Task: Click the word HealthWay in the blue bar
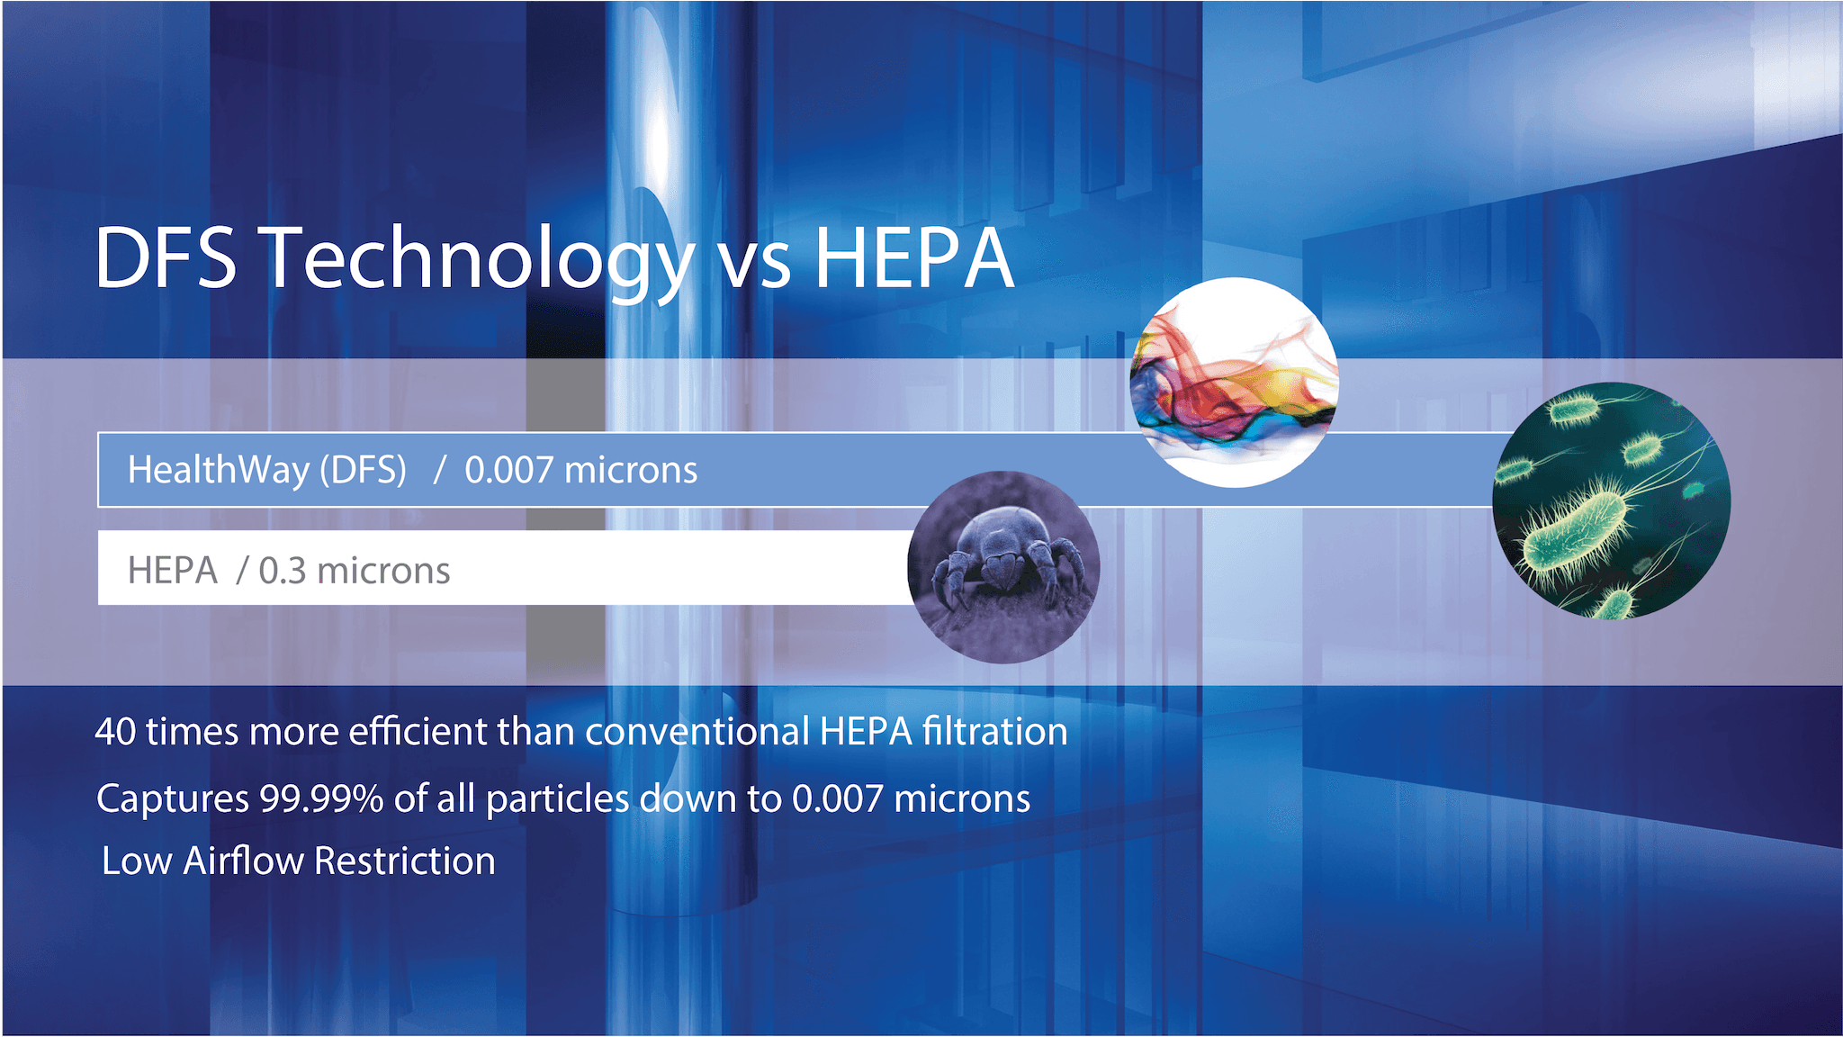tap(219, 470)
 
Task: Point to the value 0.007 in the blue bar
tap(508, 471)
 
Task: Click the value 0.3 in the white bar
tap(283, 571)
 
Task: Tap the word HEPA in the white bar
tap(173, 571)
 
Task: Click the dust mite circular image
tap(1003, 567)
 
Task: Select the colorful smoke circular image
tap(1235, 383)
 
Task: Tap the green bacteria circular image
tap(1611, 500)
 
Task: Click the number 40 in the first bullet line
tap(115, 732)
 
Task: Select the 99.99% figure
tap(322, 799)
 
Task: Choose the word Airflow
tap(244, 861)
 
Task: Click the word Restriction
tap(405, 861)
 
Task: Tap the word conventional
tap(698, 732)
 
